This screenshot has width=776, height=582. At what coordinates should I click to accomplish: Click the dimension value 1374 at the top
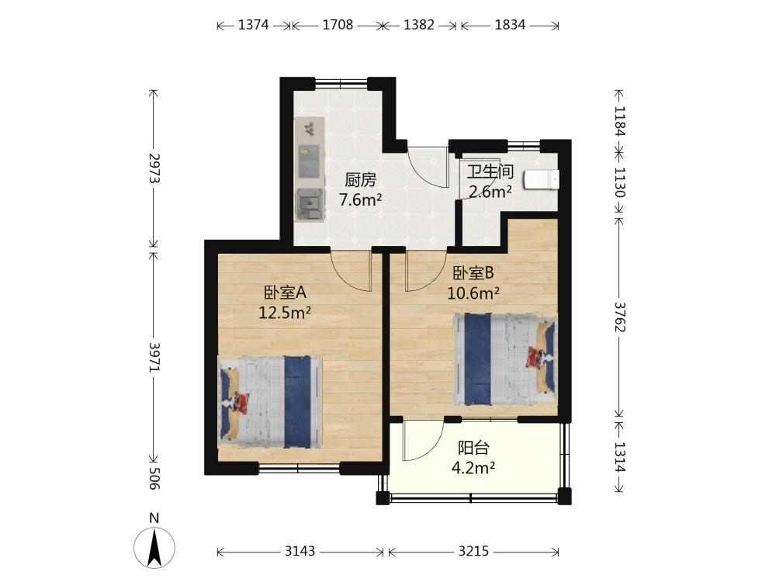click(254, 25)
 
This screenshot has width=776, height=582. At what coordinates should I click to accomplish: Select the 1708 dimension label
click(338, 25)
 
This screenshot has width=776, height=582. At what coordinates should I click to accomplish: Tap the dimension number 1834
click(510, 25)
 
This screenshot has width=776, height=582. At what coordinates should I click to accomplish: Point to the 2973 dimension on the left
click(154, 168)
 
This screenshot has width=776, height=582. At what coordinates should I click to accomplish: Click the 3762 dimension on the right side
click(620, 317)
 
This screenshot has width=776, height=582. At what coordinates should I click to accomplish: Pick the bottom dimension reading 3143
click(300, 551)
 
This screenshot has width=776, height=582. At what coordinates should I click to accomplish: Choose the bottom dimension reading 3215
click(473, 551)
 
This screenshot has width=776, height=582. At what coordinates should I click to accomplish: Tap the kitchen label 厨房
click(360, 180)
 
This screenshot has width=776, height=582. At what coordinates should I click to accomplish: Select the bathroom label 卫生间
click(490, 171)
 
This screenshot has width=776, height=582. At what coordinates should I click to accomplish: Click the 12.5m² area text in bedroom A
click(285, 313)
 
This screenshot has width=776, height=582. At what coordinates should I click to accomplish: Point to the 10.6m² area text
click(473, 293)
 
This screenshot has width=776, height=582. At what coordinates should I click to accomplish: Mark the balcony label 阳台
click(473, 448)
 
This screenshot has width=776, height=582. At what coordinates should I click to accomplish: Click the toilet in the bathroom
click(542, 180)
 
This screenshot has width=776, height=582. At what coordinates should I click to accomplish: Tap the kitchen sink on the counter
click(310, 203)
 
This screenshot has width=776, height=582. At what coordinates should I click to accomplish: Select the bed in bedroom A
click(270, 402)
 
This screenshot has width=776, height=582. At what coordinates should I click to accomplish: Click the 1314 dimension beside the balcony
click(620, 456)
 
